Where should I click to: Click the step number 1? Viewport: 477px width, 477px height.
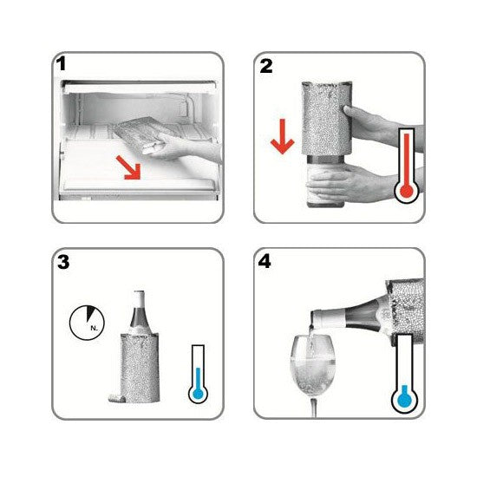[x=62, y=64]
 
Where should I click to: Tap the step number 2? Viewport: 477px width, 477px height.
[x=266, y=66]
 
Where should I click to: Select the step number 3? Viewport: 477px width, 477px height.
[x=63, y=262]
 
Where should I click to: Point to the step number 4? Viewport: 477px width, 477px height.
[x=265, y=262]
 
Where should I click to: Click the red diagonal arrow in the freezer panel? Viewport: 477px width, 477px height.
[x=129, y=168]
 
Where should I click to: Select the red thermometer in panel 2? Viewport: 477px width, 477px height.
[x=407, y=166]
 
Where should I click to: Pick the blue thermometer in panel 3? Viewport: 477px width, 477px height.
[x=198, y=375]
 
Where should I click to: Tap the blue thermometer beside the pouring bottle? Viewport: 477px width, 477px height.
[x=404, y=374]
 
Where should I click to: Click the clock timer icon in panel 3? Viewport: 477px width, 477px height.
[x=88, y=323]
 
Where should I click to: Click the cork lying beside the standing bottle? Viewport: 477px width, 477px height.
[x=115, y=398]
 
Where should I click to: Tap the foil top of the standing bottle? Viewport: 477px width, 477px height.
[x=139, y=301]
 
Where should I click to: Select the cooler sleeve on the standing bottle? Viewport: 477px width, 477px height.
[x=140, y=368]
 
